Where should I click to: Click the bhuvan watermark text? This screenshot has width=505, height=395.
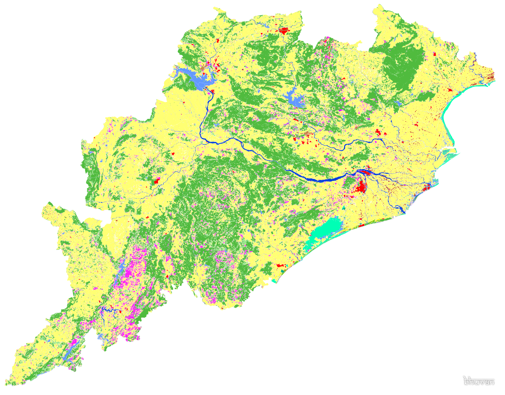(479, 381)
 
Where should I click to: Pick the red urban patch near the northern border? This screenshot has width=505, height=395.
(284, 31)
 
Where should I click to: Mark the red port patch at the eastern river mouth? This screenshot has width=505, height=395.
(427, 187)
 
